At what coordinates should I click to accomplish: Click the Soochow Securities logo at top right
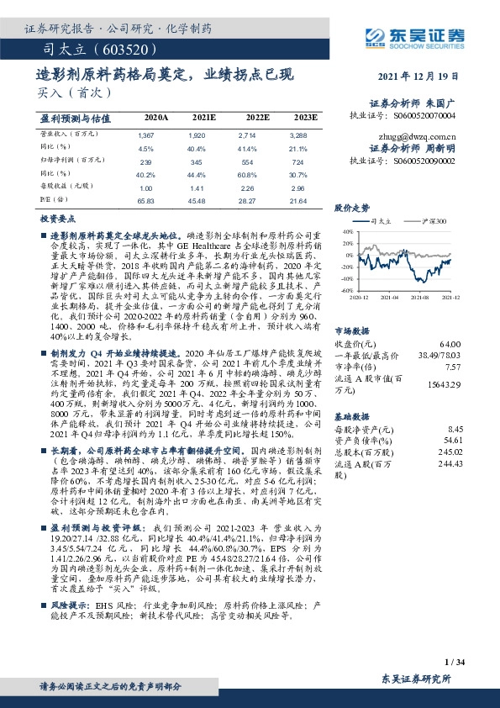tap(438, 36)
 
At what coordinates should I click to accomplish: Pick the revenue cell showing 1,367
tap(145, 135)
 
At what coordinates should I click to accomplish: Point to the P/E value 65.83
tap(146, 201)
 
